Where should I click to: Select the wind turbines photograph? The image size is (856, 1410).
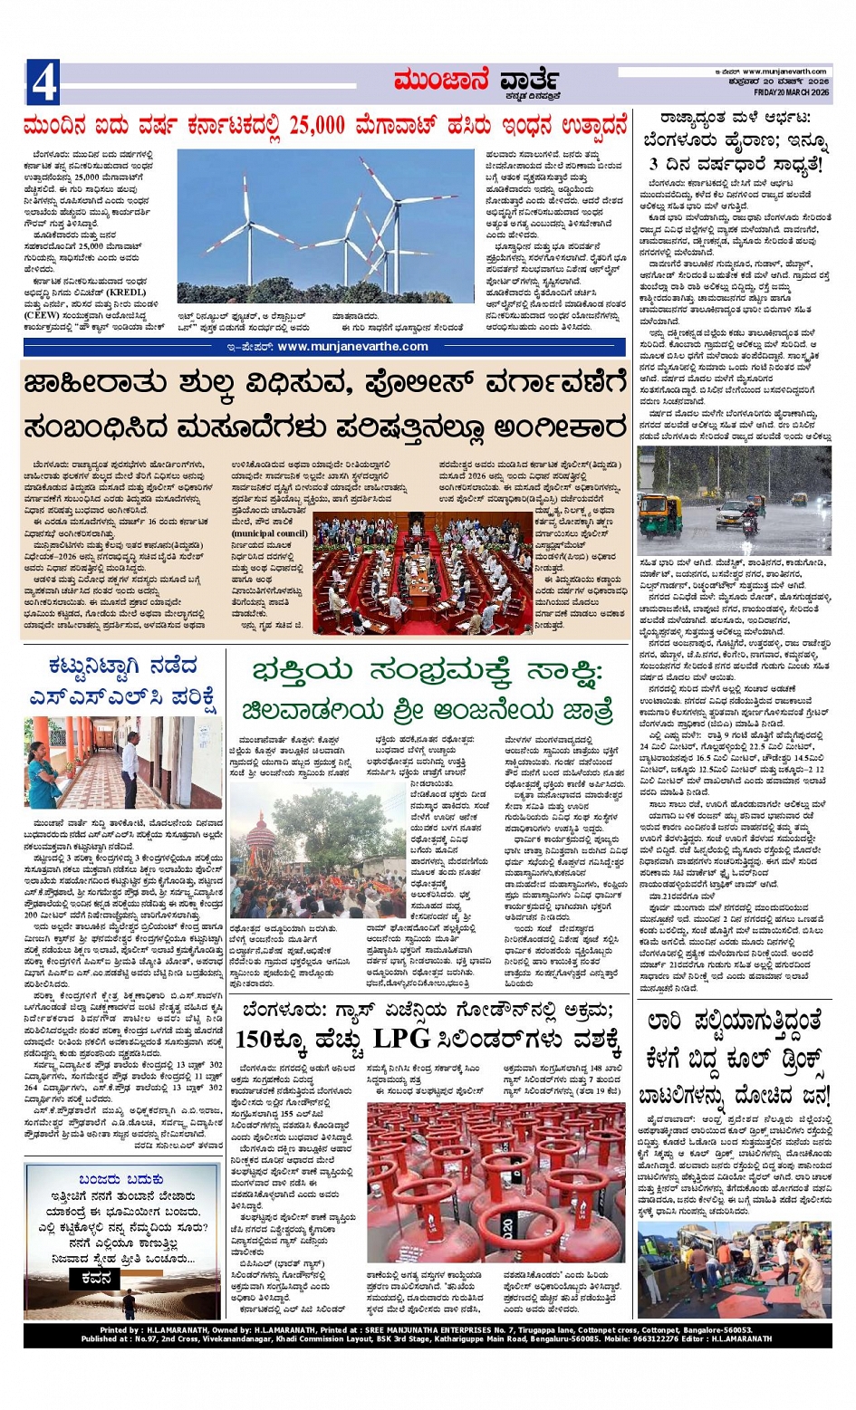pos(326,226)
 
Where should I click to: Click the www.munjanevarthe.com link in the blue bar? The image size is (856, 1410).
pos(352,346)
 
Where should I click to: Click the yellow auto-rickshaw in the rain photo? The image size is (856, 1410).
pos(659,513)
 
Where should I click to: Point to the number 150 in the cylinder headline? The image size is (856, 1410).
pos(255,1039)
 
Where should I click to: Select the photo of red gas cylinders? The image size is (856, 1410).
pos(495,1181)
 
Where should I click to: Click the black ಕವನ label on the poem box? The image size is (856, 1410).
pos(95,1278)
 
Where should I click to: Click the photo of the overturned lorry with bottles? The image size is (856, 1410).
pos(734,1271)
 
